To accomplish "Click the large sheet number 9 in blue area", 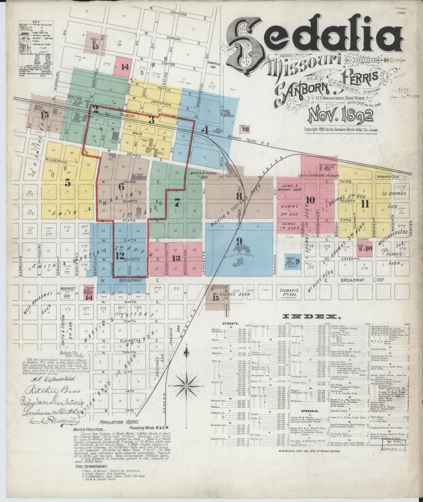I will (x=239, y=241).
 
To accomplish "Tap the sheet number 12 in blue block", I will (x=120, y=256).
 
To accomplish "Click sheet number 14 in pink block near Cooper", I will (x=125, y=67).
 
